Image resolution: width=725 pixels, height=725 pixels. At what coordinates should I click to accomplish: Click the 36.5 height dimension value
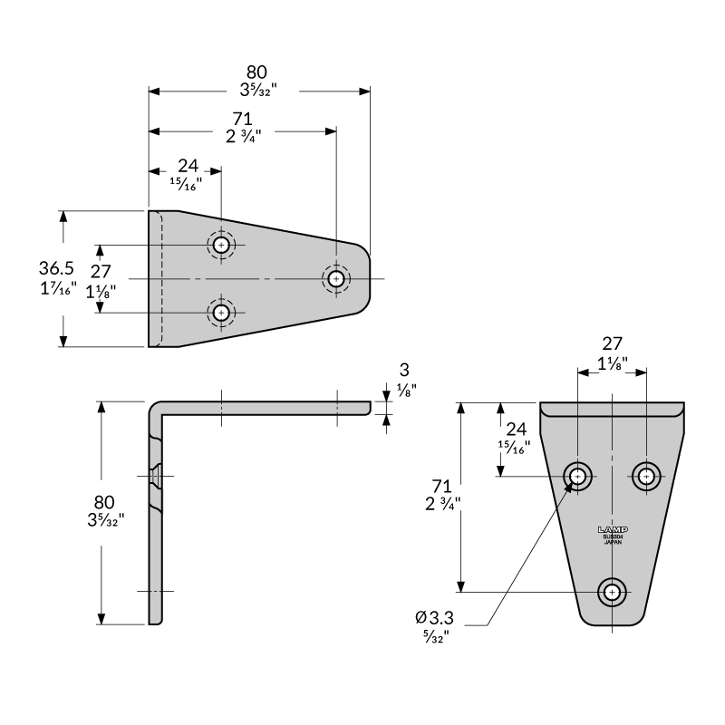click(56, 269)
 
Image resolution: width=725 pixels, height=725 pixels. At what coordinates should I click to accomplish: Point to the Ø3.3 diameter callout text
click(434, 617)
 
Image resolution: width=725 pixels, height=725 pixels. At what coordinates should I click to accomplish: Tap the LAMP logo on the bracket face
click(613, 529)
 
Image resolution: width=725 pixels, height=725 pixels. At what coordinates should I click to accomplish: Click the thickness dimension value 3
click(404, 370)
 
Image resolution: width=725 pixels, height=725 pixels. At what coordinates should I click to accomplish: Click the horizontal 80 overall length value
click(257, 72)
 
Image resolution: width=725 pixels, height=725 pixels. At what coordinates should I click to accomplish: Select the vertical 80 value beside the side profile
click(104, 500)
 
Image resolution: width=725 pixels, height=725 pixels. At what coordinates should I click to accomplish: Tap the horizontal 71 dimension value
click(242, 119)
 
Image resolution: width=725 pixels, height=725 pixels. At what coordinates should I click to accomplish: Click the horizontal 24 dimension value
click(187, 165)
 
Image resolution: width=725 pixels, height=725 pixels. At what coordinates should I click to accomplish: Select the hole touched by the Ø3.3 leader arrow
click(577, 475)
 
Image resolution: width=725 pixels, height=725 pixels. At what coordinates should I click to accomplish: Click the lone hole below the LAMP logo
click(613, 592)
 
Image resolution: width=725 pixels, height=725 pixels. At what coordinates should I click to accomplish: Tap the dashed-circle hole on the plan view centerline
click(336, 278)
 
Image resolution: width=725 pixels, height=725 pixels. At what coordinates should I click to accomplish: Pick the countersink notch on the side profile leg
click(156, 474)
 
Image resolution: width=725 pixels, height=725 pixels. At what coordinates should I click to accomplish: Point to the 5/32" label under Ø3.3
click(435, 636)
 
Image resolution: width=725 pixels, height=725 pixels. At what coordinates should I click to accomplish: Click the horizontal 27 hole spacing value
click(613, 343)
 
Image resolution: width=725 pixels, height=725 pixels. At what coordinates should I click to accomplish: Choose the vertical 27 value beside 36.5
click(102, 270)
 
